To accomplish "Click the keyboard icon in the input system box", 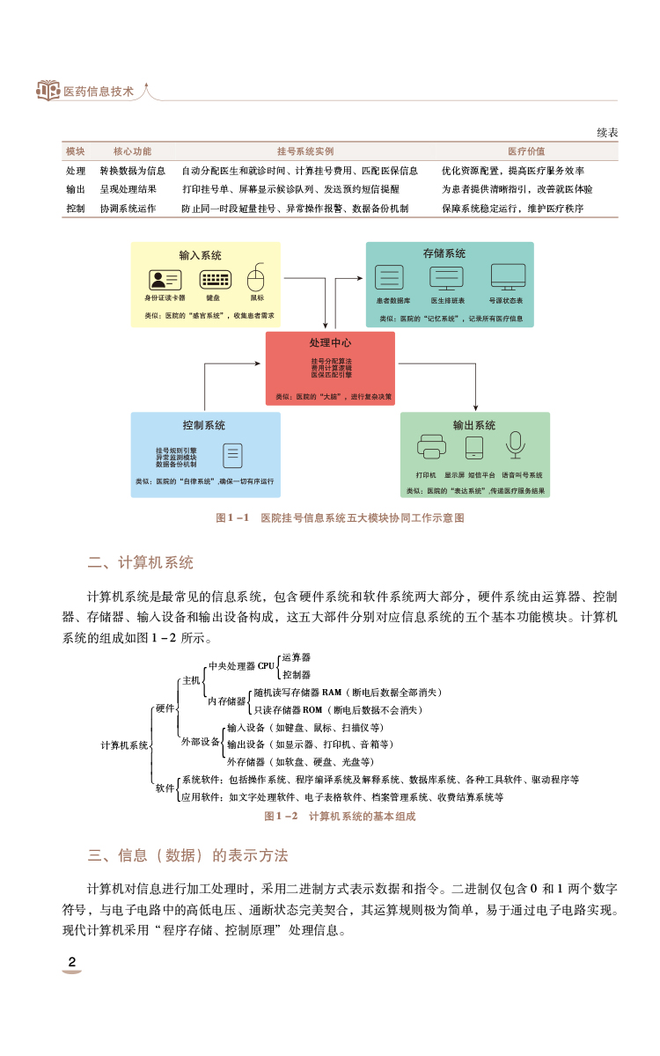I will (x=216, y=279).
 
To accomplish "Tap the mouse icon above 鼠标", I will (x=256, y=278).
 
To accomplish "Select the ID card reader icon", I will (x=165, y=279).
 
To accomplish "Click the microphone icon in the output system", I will (x=516, y=446).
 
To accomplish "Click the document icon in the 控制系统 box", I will (x=232, y=455).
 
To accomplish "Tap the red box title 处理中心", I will (x=330, y=342).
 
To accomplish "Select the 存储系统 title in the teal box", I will (x=444, y=253).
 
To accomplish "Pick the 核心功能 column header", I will (x=132, y=151).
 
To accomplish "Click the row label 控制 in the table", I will (x=76, y=209).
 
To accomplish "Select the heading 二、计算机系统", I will (x=140, y=562).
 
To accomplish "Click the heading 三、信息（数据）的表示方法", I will (x=187, y=855).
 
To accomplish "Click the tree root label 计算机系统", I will (x=124, y=745).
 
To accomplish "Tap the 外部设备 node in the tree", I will (x=201, y=742).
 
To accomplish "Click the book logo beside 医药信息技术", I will (x=48, y=91).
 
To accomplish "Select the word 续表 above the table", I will (x=607, y=132).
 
